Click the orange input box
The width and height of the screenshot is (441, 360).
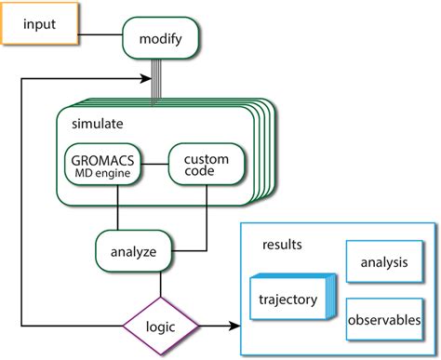(x=39, y=23)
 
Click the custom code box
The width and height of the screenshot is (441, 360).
(x=207, y=165)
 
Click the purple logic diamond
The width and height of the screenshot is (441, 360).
(x=162, y=325)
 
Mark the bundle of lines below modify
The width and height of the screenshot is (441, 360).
(x=160, y=80)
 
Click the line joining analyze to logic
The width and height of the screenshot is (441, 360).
(x=162, y=283)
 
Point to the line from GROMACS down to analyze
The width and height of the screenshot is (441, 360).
(x=116, y=209)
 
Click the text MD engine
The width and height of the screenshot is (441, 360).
(x=103, y=172)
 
